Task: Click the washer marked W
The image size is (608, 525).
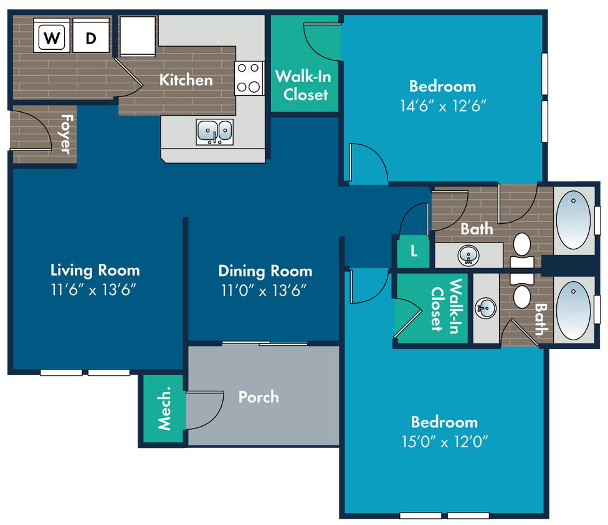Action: tap(52, 35)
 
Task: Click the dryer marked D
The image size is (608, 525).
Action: tap(91, 35)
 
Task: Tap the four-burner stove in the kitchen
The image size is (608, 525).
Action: tap(249, 78)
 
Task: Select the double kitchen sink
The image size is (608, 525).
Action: tap(215, 132)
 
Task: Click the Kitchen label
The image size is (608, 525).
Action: tap(186, 80)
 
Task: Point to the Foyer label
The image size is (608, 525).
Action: tap(65, 134)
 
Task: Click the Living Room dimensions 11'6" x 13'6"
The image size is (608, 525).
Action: tap(93, 290)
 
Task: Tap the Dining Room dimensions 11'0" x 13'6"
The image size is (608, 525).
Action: tap(264, 290)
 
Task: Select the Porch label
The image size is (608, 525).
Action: tap(259, 397)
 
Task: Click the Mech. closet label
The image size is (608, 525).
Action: tap(164, 408)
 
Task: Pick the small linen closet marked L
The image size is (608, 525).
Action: tap(414, 252)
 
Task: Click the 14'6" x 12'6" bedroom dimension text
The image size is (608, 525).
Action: tap(443, 106)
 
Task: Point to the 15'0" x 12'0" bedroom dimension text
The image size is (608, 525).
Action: tap(445, 442)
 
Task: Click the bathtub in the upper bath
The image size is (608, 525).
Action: tap(574, 220)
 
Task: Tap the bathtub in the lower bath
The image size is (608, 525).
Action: tap(574, 310)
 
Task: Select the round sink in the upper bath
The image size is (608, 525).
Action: tap(468, 256)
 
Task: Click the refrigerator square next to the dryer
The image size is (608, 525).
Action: tap(138, 36)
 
